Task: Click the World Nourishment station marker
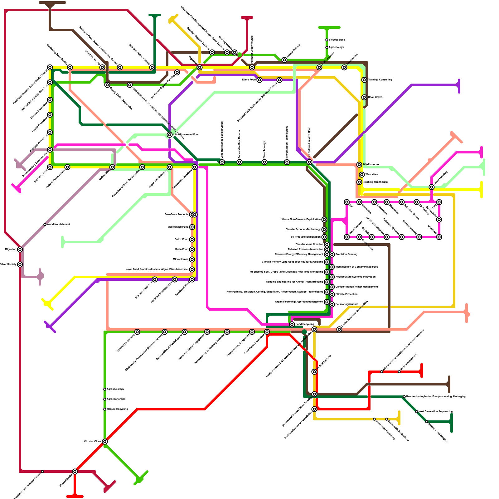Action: click(45, 225)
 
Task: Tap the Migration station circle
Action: click(20, 249)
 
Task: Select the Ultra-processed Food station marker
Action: click(170, 135)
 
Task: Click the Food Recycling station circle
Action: click(292, 324)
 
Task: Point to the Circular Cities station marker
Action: click(105, 442)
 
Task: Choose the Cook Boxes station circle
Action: click(364, 97)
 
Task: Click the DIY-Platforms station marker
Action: click(359, 165)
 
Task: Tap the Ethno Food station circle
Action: click(259, 80)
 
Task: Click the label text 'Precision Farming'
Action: click(346, 254)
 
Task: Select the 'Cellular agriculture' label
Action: click(347, 304)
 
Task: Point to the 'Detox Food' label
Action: click(181, 240)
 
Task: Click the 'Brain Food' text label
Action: click(182, 249)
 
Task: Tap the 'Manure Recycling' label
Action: click(117, 409)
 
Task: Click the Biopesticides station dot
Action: click(327, 40)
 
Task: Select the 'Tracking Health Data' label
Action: click(375, 182)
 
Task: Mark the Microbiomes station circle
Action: click(192, 259)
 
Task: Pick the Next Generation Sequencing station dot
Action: click(417, 412)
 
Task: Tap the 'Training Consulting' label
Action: click(380, 80)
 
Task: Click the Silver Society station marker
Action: click(20, 264)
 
